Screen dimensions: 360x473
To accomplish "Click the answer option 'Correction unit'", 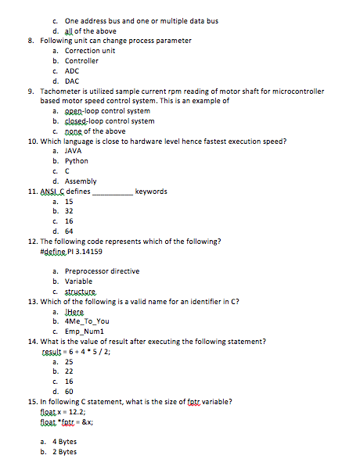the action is (x=89, y=51).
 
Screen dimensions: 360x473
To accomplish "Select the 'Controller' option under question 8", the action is (x=81, y=61).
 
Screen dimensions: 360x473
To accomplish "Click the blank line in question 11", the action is (x=113, y=192).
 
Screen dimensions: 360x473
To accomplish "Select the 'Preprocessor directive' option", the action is (x=102, y=271).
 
